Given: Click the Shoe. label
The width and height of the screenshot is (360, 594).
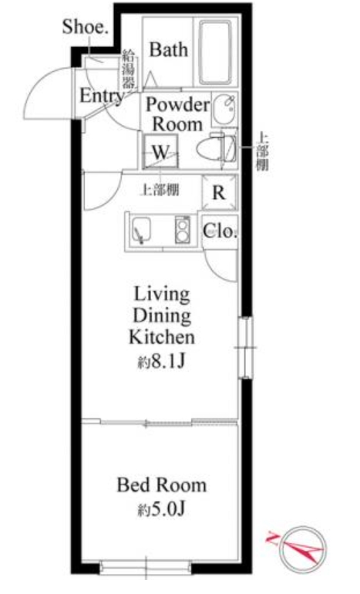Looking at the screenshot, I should point(86,27).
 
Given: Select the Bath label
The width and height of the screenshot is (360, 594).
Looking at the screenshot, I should point(168,51).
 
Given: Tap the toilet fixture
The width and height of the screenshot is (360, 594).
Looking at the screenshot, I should point(219,147).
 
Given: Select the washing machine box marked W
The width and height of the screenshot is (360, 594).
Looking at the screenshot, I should point(160,150).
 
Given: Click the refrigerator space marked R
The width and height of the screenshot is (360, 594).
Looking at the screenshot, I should point(219,193).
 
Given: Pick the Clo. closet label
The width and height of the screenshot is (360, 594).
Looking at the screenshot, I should point(220,230).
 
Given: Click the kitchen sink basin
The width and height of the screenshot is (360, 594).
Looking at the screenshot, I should point(143,229).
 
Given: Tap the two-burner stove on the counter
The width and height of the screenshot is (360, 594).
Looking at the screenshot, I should point(183,229).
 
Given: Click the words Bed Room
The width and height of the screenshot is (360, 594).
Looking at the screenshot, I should point(161,485).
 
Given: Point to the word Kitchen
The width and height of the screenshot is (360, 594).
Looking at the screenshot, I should point(161,337).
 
